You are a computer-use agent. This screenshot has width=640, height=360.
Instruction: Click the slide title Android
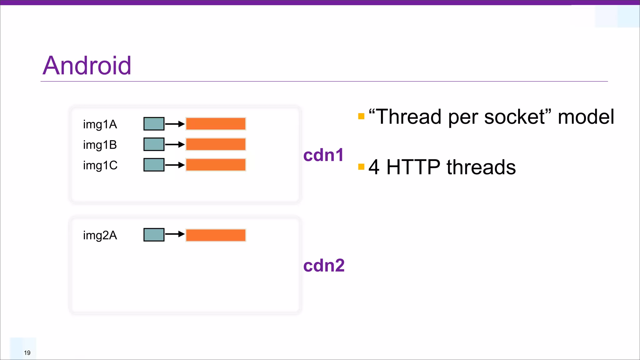pyautogui.click(x=87, y=66)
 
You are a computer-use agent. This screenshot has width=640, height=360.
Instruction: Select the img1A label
pyautogui.click(x=100, y=124)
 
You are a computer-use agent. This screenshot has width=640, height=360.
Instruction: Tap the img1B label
pyautogui.click(x=100, y=145)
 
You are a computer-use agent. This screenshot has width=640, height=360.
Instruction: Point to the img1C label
pyautogui.click(x=100, y=165)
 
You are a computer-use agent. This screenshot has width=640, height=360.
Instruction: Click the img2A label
pyautogui.click(x=100, y=235)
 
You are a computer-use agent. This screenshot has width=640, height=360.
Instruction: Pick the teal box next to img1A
pyautogui.click(x=154, y=124)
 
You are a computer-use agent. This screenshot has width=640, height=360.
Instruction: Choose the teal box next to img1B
pyautogui.click(x=154, y=144)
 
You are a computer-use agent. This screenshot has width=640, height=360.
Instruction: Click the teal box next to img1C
pyautogui.click(x=154, y=165)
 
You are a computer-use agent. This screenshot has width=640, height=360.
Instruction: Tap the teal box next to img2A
pyautogui.click(x=154, y=235)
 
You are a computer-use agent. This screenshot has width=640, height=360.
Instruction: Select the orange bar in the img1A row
pyautogui.click(x=216, y=124)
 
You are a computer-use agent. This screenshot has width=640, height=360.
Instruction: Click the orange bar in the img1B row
pyautogui.click(x=216, y=144)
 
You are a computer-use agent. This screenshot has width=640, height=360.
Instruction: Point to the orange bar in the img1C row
pyautogui.click(x=216, y=165)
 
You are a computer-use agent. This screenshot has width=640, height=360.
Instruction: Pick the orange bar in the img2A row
pyautogui.click(x=216, y=235)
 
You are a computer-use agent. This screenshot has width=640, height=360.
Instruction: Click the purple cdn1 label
pyautogui.click(x=323, y=155)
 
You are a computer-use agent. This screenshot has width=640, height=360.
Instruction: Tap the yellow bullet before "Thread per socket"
pyautogui.click(x=361, y=116)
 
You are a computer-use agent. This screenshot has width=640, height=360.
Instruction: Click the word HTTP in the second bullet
pyautogui.click(x=413, y=167)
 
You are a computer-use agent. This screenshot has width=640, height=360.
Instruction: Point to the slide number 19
pyautogui.click(x=27, y=353)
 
